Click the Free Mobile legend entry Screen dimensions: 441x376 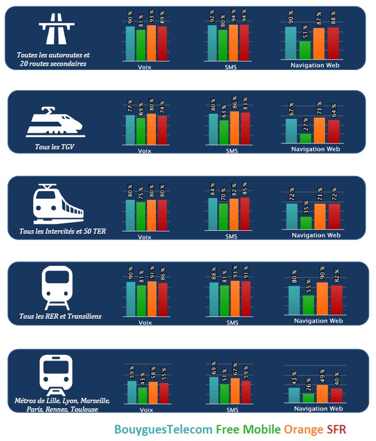[248, 430]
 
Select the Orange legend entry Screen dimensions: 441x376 [303, 430]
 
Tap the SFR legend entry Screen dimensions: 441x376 [336, 430]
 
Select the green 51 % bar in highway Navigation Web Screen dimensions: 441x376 [305, 50]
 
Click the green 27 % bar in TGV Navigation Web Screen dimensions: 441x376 [305, 138]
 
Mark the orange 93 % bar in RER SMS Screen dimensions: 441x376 [234, 299]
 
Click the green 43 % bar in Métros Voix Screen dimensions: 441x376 [142, 396]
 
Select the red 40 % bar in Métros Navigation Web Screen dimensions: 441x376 [336, 396]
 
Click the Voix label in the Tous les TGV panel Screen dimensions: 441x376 [145, 150]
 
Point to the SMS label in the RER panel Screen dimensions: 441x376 [232, 322]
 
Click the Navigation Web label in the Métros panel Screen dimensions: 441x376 [319, 409]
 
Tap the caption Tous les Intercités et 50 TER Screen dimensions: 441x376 [62, 231]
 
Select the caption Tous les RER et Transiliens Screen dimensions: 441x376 [60, 316]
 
